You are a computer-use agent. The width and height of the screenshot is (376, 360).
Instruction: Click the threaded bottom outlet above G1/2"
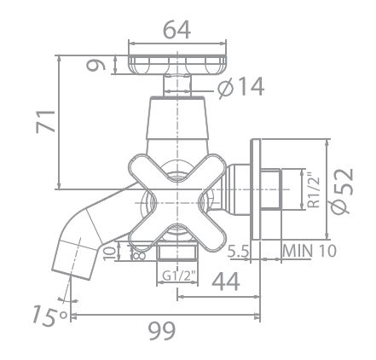(177, 253)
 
